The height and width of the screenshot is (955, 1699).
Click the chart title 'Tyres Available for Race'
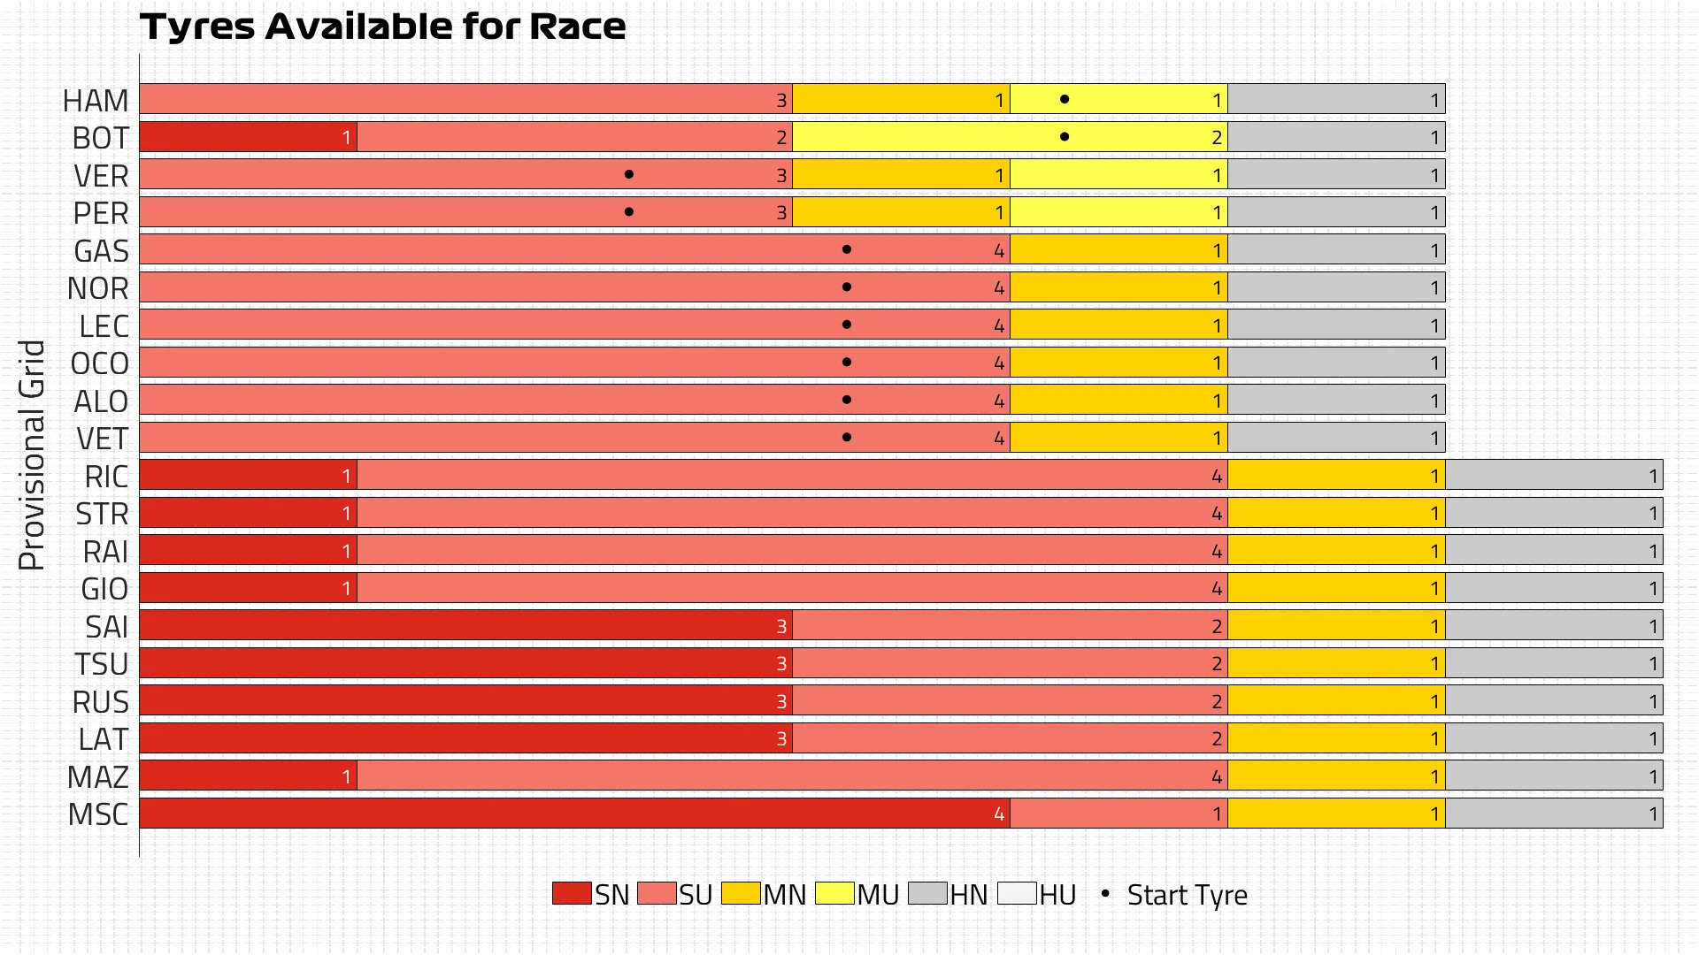[382, 27]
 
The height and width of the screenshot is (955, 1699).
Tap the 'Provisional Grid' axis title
[32, 455]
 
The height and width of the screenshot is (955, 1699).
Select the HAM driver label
[96, 101]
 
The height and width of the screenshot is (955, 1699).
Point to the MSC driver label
[98, 814]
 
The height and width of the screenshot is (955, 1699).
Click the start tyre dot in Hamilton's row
[1065, 99]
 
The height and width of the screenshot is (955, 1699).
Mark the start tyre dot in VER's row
[629, 174]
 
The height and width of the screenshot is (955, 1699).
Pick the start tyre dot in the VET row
[847, 437]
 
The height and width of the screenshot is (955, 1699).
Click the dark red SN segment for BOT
[248, 137]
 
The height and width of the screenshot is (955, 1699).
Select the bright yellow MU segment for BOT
[1009, 137]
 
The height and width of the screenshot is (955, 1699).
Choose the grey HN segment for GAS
[1336, 249]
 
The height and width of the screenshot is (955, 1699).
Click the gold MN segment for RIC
[1336, 475]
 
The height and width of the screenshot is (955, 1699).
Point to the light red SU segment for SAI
[1009, 625]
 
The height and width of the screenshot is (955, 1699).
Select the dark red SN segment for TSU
[465, 663]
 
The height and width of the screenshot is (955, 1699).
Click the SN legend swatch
[572, 893]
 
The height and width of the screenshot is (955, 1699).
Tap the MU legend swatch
[834, 893]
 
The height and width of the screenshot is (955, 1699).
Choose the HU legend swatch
[1017, 893]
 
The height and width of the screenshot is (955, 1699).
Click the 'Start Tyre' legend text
[1187, 895]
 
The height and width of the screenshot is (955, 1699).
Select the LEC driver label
[104, 326]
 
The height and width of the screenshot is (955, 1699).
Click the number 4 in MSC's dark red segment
[999, 814]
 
